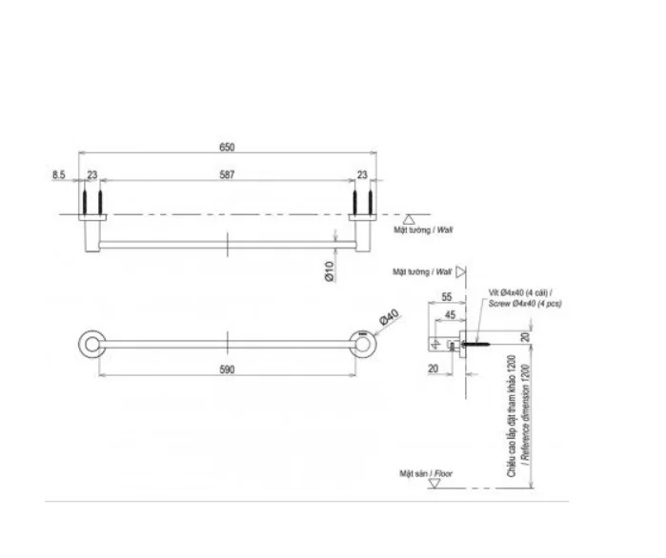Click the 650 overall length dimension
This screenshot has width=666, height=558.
tap(227, 147)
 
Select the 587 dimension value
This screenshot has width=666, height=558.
tap(227, 174)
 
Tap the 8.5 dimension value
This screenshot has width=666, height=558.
tap(58, 174)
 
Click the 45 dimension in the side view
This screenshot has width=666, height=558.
tap(450, 314)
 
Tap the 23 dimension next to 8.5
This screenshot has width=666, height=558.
tap(92, 174)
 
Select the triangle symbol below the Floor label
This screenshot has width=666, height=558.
tap(434, 485)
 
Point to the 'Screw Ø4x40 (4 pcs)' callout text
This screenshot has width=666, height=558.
tap(526, 303)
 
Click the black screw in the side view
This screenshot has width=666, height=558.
tap(479, 337)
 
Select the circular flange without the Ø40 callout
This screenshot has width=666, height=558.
tap(91, 343)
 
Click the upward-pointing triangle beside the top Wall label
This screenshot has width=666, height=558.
tap(408, 218)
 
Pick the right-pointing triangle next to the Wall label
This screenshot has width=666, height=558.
tap(459, 271)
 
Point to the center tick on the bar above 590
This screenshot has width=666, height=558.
tap(227, 343)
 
